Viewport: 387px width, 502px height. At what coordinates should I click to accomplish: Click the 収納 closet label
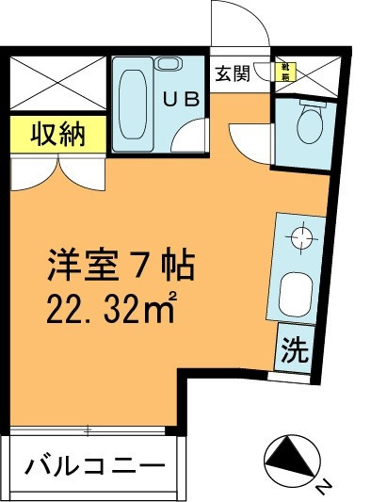pos(57,134)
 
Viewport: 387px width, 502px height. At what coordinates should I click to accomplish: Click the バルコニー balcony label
pos(94,465)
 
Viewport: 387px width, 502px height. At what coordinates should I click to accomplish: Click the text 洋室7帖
pos(120,267)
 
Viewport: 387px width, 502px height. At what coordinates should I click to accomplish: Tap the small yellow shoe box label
pos(282,70)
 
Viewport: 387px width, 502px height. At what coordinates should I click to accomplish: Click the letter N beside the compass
pos(323,485)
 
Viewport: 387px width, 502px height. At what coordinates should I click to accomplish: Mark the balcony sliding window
pos(89,431)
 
